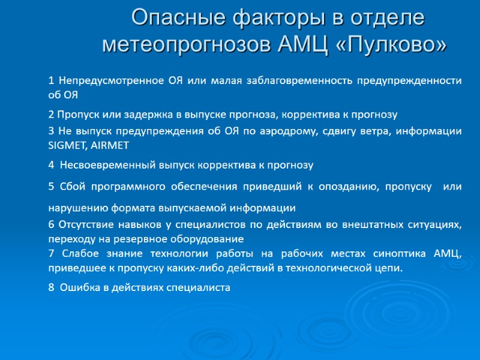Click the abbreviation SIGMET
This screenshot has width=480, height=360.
tap(67, 145)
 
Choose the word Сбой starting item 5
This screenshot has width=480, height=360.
tap(68, 187)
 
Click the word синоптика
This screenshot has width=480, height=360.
tap(380, 253)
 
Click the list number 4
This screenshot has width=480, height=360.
tap(51, 164)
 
